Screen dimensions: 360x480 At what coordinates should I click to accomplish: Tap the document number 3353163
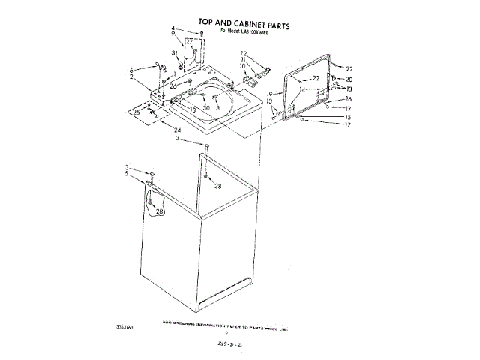[x=126, y=328]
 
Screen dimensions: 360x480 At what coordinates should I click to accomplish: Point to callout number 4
[x=173, y=29]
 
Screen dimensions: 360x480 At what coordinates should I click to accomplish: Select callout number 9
[x=173, y=34]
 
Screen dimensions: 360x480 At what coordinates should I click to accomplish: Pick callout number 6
[x=132, y=70]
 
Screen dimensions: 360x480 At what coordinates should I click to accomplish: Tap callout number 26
[x=173, y=86]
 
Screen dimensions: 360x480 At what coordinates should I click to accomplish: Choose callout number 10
[x=243, y=66]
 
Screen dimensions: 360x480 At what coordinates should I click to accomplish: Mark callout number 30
[x=206, y=108]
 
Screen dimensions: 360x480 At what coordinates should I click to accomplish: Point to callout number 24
[x=178, y=130]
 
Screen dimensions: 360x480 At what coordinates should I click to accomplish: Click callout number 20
[x=348, y=79]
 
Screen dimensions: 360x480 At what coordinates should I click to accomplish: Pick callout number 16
[x=348, y=99]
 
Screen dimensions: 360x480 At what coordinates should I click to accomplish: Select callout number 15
[x=348, y=117]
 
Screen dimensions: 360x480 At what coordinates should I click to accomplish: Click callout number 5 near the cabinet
[x=127, y=173]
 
